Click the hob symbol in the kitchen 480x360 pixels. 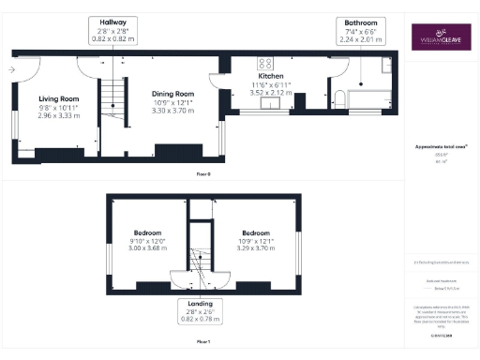[264, 65]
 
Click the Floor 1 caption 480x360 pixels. [202, 344]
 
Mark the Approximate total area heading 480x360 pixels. [441, 147]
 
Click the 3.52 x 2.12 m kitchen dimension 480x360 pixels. [272, 94]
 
